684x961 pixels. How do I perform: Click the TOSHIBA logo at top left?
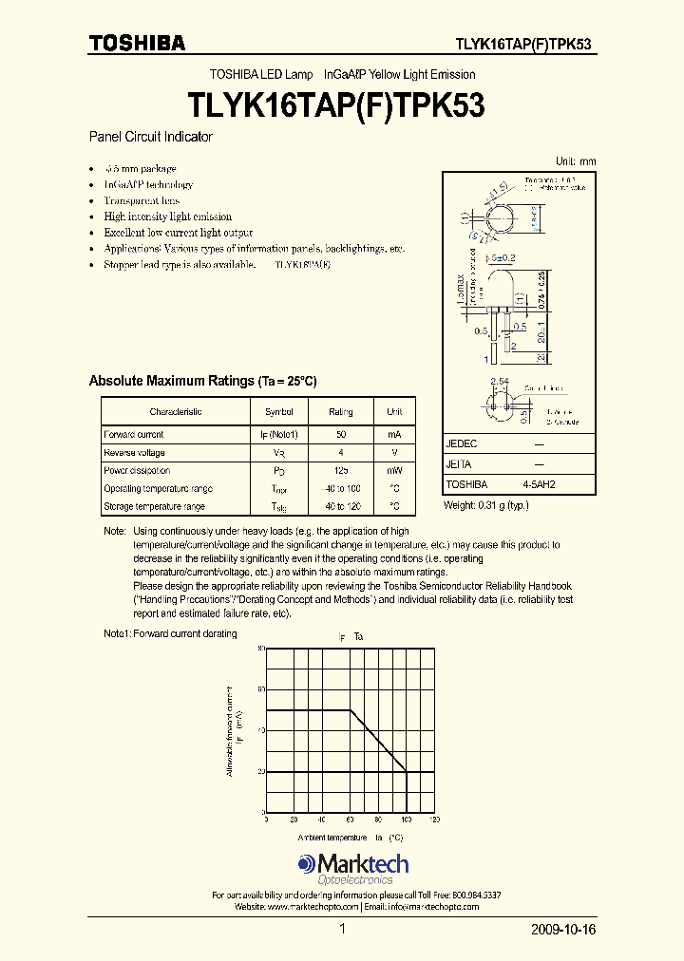click(x=137, y=43)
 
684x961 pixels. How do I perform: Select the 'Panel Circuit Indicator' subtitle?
click(x=150, y=137)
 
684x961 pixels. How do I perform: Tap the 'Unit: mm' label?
click(x=575, y=160)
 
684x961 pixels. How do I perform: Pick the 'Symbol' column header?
click(x=279, y=411)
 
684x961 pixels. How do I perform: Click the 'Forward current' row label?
click(x=134, y=434)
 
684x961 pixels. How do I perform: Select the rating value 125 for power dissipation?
click(x=340, y=470)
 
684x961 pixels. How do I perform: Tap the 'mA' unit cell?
click(x=394, y=434)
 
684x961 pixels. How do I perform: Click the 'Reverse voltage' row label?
click(x=134, y=452)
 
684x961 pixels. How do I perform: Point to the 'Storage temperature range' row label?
click(x=154, y=506)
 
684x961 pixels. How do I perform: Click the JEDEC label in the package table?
click(x=462, y=443)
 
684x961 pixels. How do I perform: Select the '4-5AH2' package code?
click(x=539, y=483)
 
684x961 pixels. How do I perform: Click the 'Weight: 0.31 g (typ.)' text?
click(x=486, y=505)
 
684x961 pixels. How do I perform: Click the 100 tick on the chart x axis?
click(x=407, y=819)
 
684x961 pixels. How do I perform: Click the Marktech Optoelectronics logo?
click(x=352, y=868)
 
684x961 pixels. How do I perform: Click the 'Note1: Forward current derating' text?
click(x=170, y=633)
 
